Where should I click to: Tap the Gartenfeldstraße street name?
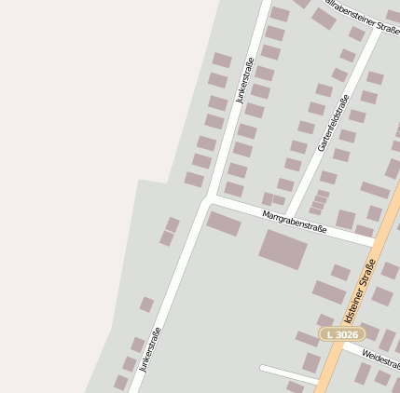333,123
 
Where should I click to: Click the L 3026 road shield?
342,333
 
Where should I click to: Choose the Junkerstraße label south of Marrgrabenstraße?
150,349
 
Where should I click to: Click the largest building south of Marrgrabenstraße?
283,249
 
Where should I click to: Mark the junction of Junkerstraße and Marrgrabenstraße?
207,198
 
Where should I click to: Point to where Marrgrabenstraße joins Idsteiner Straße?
377,243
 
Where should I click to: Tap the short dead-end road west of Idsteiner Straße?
289,373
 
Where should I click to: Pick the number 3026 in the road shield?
346,333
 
